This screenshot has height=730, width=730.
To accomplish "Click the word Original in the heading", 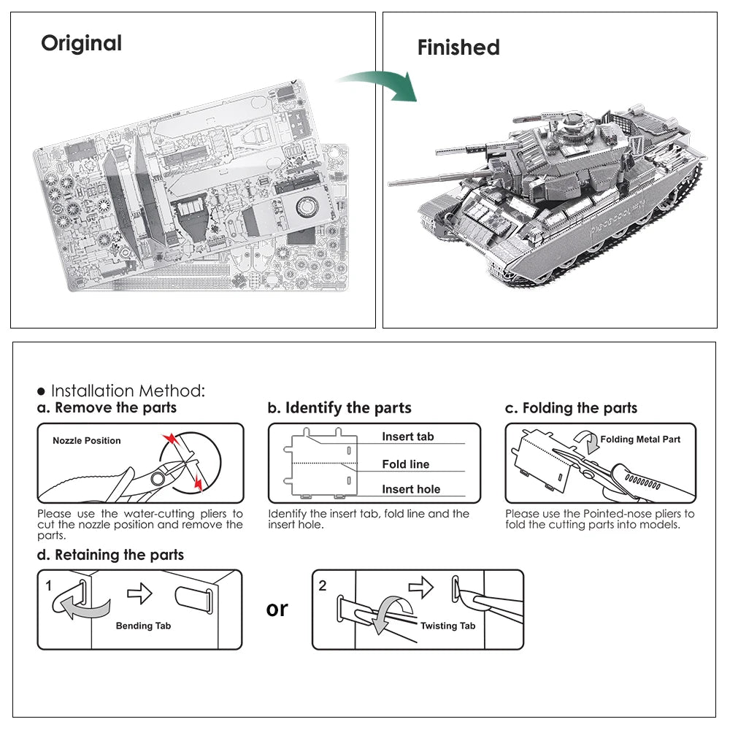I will (81, 43).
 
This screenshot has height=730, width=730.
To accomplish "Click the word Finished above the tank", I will (458, 48).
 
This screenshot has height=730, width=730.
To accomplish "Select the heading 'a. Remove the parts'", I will (107, 407).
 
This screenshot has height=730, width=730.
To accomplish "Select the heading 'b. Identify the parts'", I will (339, 407).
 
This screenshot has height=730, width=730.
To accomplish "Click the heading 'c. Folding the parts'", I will (572, 407).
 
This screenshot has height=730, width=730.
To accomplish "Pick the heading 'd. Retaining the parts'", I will (110, 555).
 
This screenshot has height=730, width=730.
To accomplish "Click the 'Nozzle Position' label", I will (87, 441).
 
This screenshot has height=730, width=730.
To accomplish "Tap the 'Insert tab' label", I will (407, 437).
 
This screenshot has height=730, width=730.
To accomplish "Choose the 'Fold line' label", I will (405, 464).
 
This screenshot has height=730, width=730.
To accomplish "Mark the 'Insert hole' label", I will (411, 490).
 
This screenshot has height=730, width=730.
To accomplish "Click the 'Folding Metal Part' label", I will (640, 439).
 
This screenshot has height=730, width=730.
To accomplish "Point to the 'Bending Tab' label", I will (143, 626).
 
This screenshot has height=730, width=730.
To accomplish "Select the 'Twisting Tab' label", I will (447, 626).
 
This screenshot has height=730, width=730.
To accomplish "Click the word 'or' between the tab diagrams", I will (277, 609).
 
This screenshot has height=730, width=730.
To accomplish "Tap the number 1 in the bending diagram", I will (48, 585).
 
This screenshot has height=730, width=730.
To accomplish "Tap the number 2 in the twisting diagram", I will (323, 585).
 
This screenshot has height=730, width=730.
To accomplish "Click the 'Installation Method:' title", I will (121, 391).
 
